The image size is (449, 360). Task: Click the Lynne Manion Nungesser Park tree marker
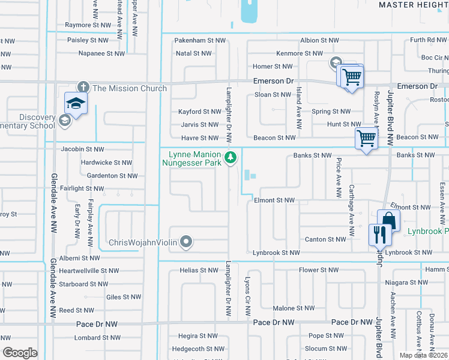230,158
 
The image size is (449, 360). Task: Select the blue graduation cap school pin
76,104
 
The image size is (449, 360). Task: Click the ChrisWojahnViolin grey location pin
186,242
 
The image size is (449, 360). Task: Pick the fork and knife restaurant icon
379,234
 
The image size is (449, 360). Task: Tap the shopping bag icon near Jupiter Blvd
388,220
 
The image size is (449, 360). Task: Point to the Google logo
20,353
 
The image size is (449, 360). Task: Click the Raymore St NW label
88,25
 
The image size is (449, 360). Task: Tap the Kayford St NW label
200,112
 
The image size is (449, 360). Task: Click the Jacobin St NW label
82,149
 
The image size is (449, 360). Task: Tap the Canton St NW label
325,239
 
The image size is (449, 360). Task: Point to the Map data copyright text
423,355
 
